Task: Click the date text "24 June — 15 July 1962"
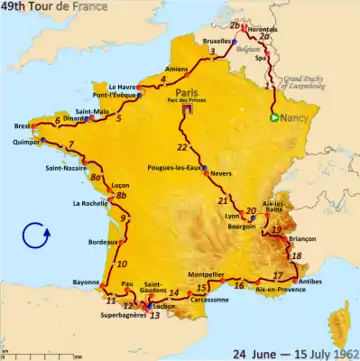293,352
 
